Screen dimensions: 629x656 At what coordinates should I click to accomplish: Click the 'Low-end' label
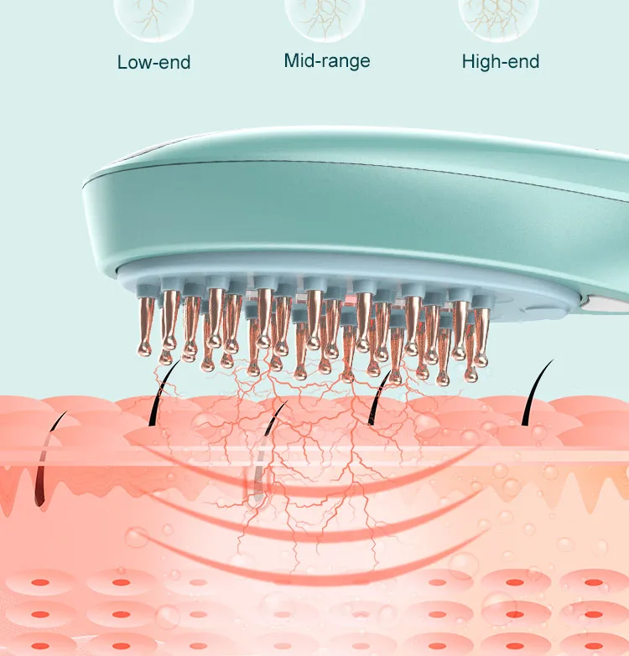click(154, 62)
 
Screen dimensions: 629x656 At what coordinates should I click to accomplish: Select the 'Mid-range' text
click(327, 60)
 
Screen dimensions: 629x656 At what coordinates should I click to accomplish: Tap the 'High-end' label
click(501, 61)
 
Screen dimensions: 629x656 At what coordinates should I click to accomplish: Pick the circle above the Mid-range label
click(325, 15)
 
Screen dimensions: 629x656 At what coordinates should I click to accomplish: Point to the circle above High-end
click(498, 15)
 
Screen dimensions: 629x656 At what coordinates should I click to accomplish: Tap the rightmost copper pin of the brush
click(481, 331)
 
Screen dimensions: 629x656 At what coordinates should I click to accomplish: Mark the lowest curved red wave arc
click(302, 570)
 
